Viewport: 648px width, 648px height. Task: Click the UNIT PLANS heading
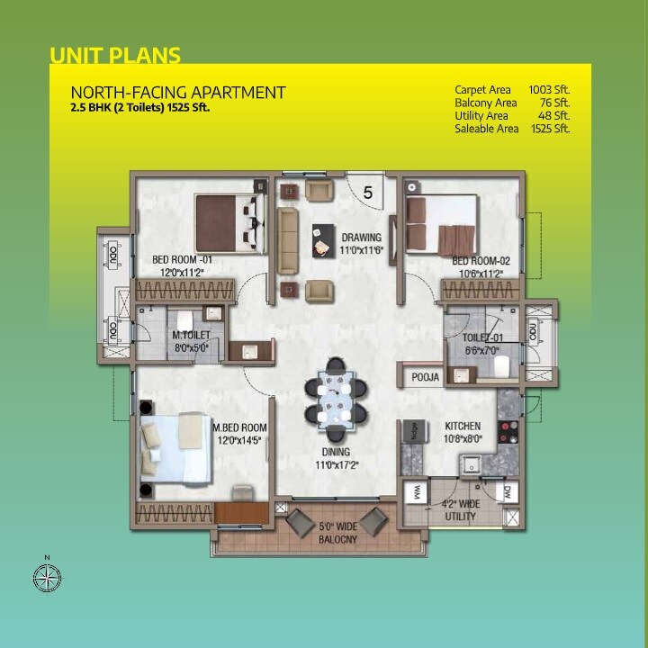(x=115, y=55)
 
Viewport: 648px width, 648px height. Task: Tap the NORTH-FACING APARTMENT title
(x=178, y=93)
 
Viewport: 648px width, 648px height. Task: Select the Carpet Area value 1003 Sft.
(x=550, y=90)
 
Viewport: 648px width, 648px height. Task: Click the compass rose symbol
(x=47, y=575)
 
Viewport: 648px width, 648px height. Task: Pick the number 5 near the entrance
(x=368, y=192)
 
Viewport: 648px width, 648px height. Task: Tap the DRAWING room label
(x=361, y=238)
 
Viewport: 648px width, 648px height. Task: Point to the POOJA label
(x=426, y=378)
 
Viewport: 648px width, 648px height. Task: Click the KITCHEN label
(x=463, y=426)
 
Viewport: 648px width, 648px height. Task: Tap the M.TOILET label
(x=191, y=336)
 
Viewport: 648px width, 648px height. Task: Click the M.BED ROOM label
(x=239, y=427)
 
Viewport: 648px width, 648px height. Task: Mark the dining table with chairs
(x=336, y=398)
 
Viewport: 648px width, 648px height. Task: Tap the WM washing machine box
(x=418, y=492)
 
